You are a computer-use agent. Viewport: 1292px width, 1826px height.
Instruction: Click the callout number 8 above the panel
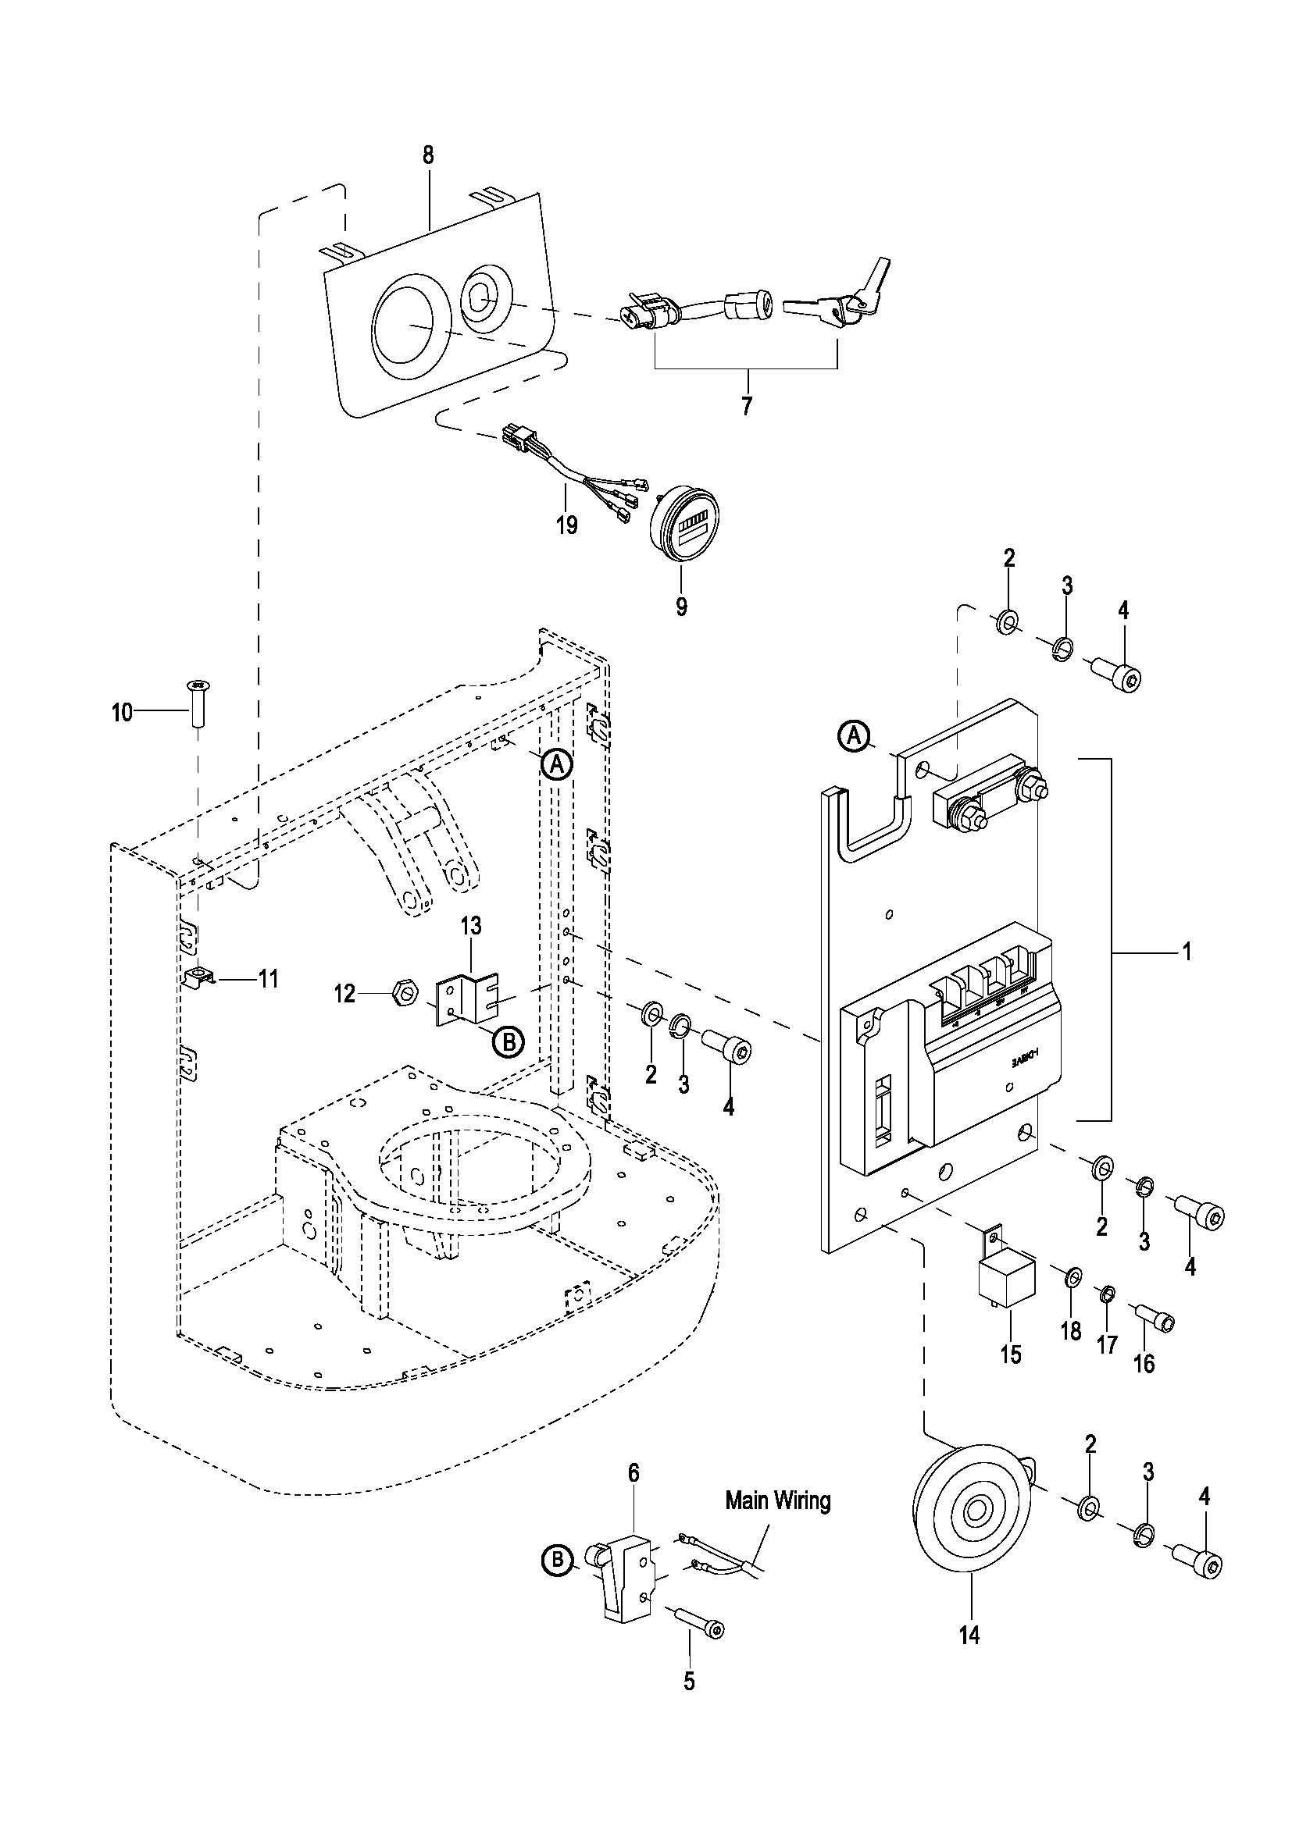coord(428,155)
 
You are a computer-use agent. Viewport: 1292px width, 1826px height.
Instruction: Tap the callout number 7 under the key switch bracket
coord(745,407)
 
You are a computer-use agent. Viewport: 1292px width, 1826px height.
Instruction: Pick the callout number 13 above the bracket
coord(471,927)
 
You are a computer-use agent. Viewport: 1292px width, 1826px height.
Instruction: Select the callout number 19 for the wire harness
coord(566,525)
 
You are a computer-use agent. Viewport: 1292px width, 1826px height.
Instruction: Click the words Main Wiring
coord(777,1500)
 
